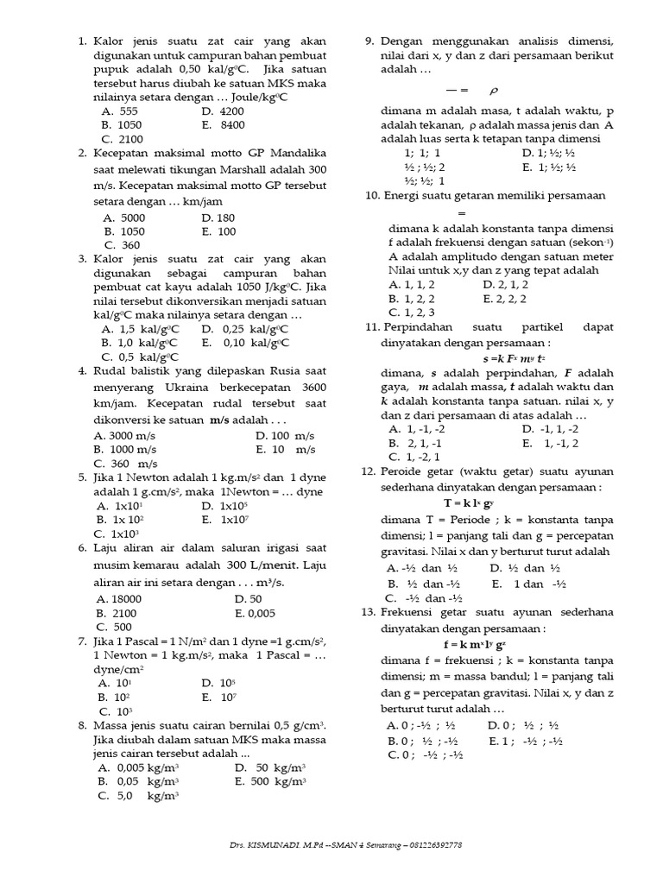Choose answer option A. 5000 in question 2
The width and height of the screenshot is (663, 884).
click(x=123, y=218)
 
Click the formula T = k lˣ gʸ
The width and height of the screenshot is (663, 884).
click(x=469, y=502)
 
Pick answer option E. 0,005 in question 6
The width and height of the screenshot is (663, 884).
click(x=254, y=613)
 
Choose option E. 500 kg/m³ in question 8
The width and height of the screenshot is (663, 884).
click(x=269, y=781)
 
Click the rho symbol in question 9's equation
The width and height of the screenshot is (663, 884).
click(x=494, y=90)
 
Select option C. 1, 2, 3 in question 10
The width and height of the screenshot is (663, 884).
click(x=412, y=312)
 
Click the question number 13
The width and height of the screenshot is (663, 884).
click(x=369, y=612)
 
